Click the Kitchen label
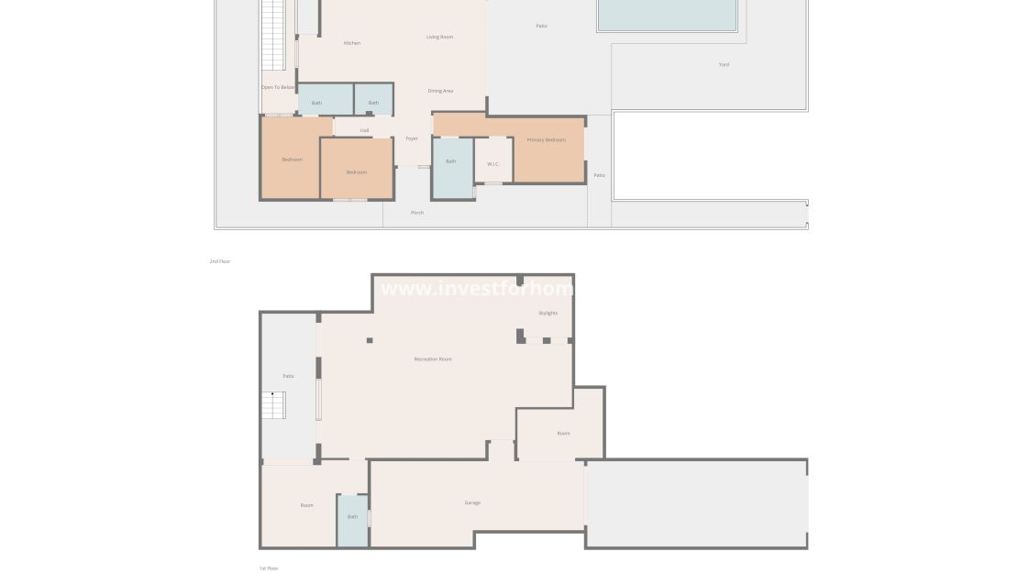click(352, 43)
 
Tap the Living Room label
click(440, 37)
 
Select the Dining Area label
click(440, 91)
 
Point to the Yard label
click(724, 64)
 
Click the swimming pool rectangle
click(667, 14)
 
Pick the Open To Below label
click(278, 87)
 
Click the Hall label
click(364, 130)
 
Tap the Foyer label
click(412, 138)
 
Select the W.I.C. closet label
click(492, 164)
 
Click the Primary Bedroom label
click(546, 139)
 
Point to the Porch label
click(417, 213)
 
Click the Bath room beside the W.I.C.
click(451, 161)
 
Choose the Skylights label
click(548, 313)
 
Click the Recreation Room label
click(433, 359)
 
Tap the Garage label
click(472, 502)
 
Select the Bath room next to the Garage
click(352, 517)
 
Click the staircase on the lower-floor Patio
click(274, 404)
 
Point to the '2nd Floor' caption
click(220, 261)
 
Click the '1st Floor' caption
click(269, 568)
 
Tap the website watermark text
click(477, 289)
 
